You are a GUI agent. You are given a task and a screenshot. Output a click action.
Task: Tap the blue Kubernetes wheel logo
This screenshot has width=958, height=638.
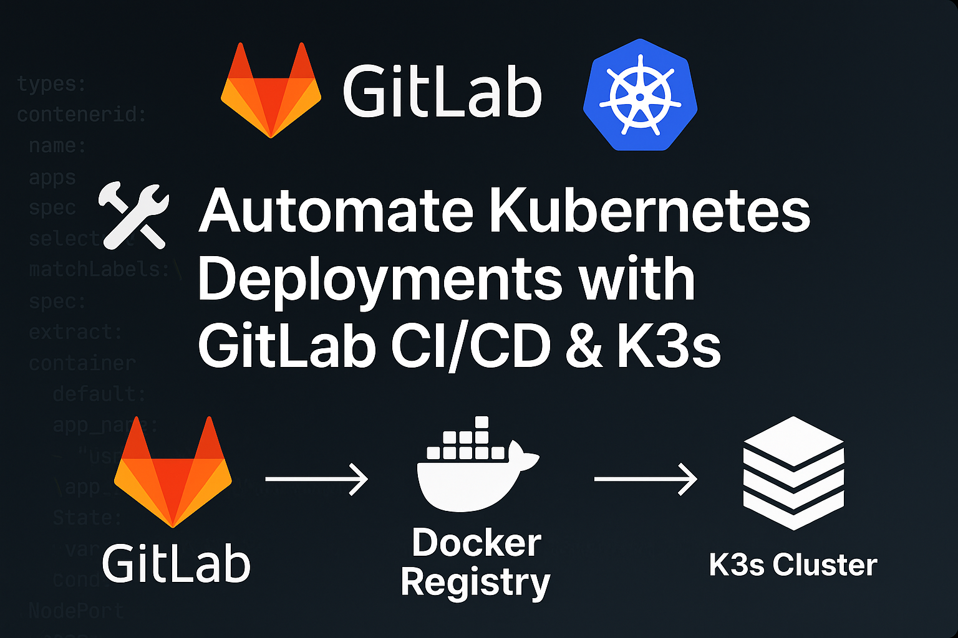point(640,95)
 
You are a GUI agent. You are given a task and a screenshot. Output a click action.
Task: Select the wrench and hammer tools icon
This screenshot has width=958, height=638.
point(133,214)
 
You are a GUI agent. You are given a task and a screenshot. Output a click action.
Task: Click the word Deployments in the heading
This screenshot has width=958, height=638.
point(380,280)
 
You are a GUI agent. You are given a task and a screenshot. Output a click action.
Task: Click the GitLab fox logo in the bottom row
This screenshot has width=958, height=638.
point(173,474)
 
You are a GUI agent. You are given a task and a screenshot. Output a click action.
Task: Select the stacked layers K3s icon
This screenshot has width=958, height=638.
point(793,474)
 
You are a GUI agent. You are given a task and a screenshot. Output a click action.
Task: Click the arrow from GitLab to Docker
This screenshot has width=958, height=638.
point(317,478)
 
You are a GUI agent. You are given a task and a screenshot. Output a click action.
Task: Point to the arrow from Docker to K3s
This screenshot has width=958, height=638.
point(646,478)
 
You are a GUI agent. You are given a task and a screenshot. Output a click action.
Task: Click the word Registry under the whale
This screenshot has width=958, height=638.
point(475,583)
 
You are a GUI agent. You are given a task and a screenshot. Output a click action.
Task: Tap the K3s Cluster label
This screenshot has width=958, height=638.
point(793,565)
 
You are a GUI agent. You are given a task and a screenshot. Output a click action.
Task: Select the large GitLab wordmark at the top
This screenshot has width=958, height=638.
point(442,93)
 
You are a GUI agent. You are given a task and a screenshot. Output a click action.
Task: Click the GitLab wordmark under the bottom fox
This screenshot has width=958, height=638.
point(176,564)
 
